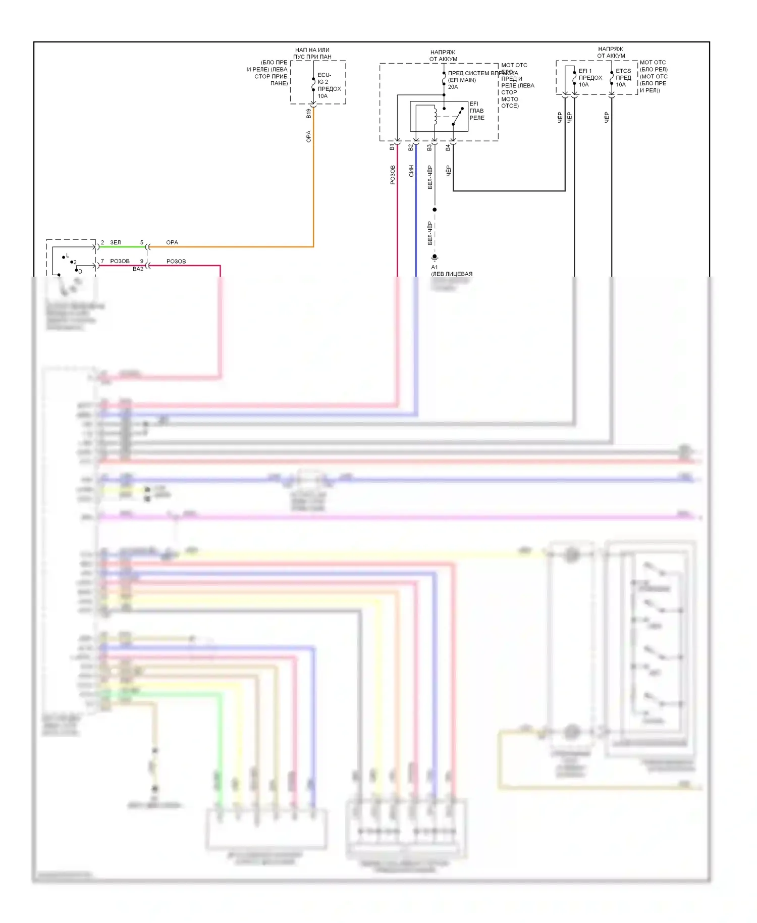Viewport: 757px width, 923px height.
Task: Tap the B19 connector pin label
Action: point(309,114)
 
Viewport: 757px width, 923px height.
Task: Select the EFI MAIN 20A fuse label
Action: point(462,80)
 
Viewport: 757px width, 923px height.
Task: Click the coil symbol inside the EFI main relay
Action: point(435,115)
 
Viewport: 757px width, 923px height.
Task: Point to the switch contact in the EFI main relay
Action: point(457,116)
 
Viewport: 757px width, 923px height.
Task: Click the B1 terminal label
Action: point(392,147)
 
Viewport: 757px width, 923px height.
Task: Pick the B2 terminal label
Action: point(411,147)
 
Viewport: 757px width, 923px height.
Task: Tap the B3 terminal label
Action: point(429,147)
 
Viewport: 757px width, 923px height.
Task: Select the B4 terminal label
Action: point(448,147)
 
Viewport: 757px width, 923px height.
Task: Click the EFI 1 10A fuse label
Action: point(590,78)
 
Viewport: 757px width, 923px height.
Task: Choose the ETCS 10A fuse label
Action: point(623,78)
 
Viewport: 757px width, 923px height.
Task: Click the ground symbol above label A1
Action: point(435,258)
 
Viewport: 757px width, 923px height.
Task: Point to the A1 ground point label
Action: point(435,267)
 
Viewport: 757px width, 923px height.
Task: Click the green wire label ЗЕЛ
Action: point(116,243)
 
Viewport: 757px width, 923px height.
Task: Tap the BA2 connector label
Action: point(138,269)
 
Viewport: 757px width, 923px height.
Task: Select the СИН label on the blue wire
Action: point(411,171)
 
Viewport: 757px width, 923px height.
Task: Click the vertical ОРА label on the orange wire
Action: point(309,136)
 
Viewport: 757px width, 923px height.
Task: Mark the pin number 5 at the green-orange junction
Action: point(142,243)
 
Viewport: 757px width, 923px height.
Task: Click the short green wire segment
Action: point(121,247)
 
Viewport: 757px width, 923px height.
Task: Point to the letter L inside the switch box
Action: point(68,256)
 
